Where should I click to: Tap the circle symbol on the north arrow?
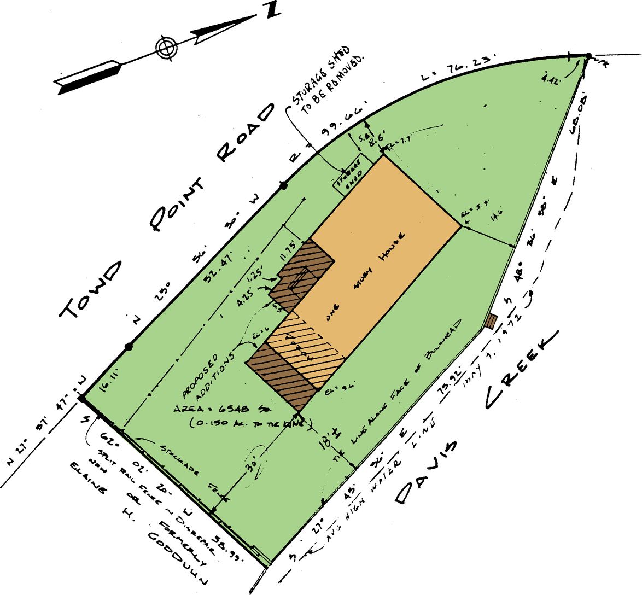pyautogui.click(x=166, y=47)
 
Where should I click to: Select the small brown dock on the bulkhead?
pyautogui.click(x=491, y=320)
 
